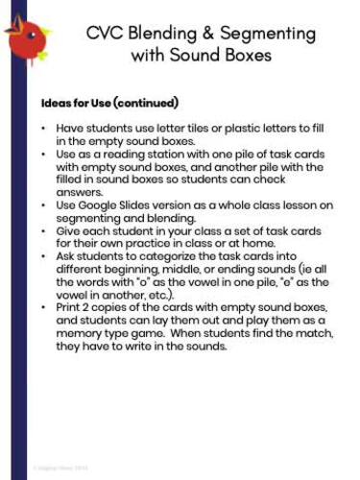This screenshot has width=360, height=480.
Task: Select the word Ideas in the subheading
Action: click(57, 103)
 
